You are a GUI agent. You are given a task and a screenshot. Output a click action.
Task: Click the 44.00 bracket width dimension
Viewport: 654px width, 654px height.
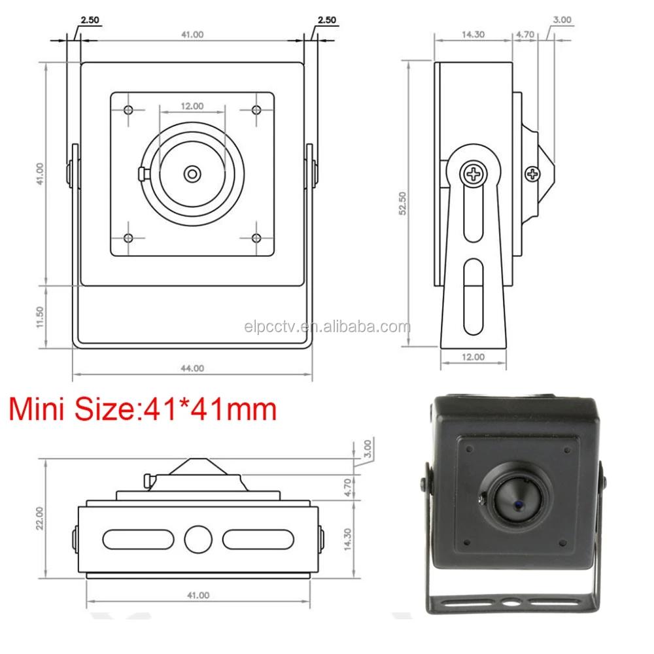point(192,368)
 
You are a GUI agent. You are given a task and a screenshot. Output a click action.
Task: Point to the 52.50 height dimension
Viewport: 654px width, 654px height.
point(404,203)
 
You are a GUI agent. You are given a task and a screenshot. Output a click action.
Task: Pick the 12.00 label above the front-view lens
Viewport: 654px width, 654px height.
point(192,105)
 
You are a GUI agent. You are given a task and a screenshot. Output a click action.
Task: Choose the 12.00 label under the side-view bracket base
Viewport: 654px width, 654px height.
point(473,357)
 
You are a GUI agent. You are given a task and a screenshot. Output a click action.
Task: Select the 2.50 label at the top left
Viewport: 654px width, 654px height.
point(89,20)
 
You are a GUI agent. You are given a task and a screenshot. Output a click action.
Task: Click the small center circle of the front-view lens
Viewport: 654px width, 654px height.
point(192,173)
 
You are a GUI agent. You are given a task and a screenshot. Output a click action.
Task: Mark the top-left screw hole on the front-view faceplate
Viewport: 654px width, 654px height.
point(128,109)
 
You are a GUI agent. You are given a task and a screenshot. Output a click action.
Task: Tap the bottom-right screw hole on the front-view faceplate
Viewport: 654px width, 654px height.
point(256,238)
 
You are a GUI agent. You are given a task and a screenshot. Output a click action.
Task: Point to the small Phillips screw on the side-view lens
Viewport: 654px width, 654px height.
point(533,173)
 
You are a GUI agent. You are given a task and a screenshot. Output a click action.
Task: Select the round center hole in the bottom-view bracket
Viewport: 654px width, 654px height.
point(198,539)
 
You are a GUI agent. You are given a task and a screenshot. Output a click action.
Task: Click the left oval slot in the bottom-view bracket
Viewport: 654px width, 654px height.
point(138,539)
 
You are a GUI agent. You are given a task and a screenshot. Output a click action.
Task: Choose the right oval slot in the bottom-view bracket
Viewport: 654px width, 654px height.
point(258,539)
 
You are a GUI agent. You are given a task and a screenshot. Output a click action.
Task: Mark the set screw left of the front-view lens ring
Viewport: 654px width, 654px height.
point(143,173)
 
